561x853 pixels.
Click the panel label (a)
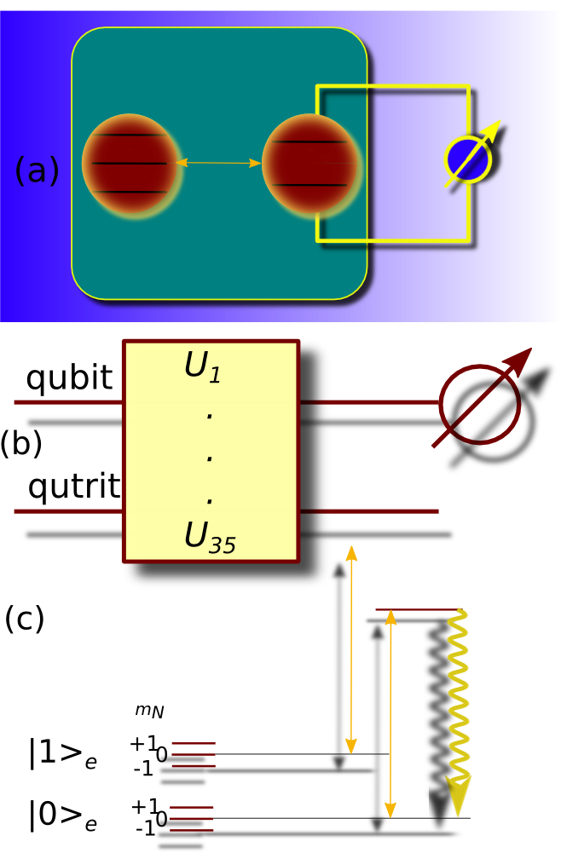(x=37, y=170)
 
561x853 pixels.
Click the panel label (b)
(x=20, y=444)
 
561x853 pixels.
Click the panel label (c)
(x=24, y=619)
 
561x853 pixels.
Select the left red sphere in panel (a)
(x=130, y=163)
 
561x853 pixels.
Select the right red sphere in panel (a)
(x=310, y=162)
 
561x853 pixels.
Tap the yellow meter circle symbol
(x=468, y=158)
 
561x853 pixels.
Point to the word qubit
(x=69, y=378)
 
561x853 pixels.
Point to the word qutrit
(x=74, y=487)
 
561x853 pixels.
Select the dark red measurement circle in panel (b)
(x=479, y=405)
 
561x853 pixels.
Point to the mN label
(x=149, y=709)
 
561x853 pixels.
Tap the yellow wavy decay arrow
(x=458, y=690)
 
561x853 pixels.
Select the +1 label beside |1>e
(x=143, y=743)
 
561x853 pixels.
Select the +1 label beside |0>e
(x=144, y=805)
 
